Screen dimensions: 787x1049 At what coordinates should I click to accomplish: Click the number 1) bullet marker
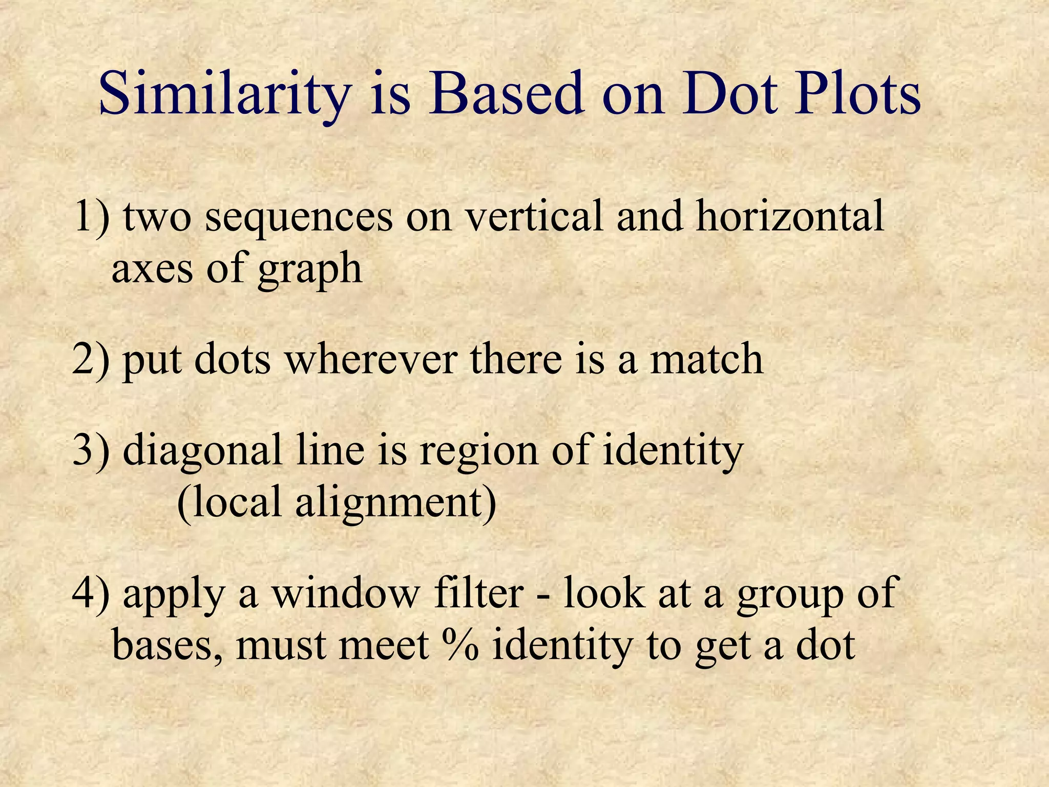[92, 216]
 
